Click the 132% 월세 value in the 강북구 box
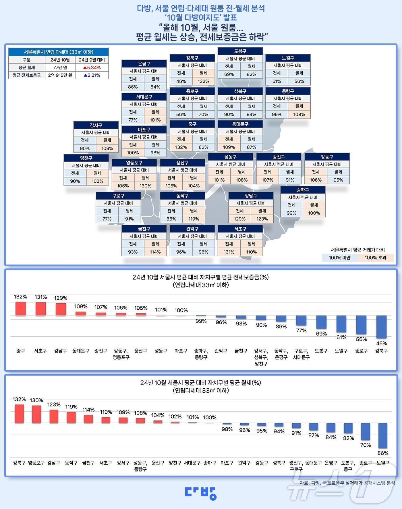(203, 81)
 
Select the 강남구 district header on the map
(251, 196)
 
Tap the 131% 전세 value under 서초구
(229, 252)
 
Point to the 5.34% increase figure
(92, 68)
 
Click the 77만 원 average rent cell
(60, 68)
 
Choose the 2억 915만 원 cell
(60, 75)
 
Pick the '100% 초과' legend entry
(375, 258)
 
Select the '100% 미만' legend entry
(339, 258)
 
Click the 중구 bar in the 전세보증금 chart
(20, 309)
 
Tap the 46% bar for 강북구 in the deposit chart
(381, 327)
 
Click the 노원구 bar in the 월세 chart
(383, 435)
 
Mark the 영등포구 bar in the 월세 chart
(36, 414)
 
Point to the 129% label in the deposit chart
(61, 298)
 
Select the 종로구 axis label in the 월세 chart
(366, 463)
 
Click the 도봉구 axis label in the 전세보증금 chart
(321, 351)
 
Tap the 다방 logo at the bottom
(201, 493)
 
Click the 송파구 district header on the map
(303, 190)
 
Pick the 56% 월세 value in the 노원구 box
(299, 81)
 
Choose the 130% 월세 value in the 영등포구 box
(145, 186)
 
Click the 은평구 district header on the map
(144, 63)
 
